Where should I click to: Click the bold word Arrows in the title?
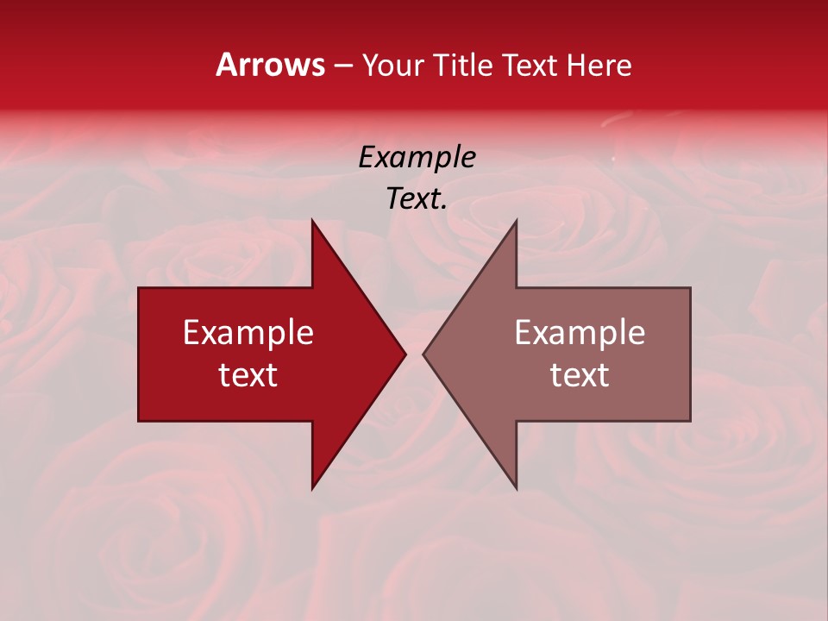coord(271,65)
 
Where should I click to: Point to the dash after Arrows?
coord(342,66)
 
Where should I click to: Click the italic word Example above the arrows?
coord(417,157)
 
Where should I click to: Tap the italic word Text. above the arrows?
coord(417,199)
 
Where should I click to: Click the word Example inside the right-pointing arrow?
coord(248,333)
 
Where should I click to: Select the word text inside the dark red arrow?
coord(248,375)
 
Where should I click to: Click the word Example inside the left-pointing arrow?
coord(580,333)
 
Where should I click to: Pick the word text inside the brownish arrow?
coord(580,375)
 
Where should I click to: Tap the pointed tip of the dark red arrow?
coord(405,354)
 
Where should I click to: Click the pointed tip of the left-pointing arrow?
coord(423,354)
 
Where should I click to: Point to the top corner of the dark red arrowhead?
coord(312,220)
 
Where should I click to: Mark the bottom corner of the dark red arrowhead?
coord(312,489)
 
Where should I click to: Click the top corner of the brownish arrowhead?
coord(516,220)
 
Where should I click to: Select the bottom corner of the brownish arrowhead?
coord(516,489)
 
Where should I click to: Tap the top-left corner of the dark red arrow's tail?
coord(139,288)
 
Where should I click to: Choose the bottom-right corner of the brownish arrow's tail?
coord(690,421)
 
